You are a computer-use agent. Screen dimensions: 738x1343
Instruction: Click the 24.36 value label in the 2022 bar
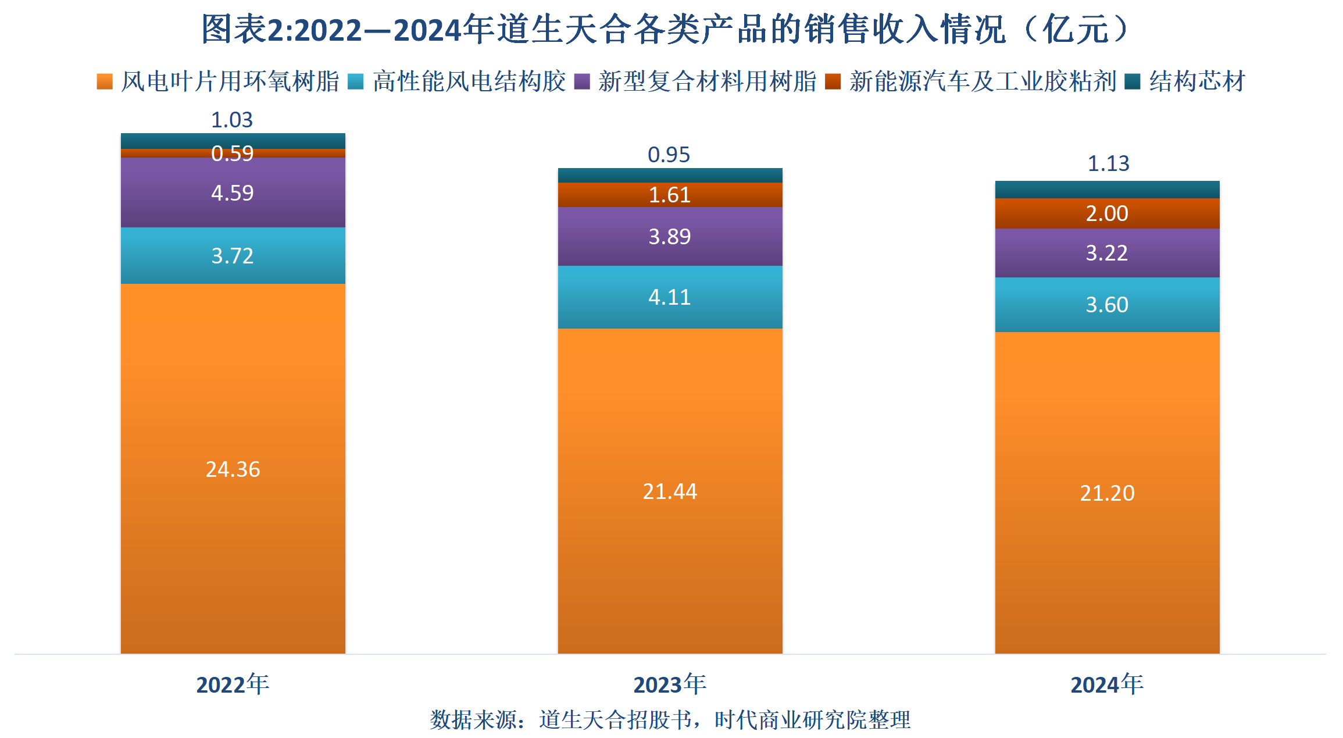click(x=233, y=469)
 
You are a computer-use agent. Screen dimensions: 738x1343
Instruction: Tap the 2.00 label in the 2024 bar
click(x=1106, y=213)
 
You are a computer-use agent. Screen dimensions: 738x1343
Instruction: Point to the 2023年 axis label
click(x=670, y=684)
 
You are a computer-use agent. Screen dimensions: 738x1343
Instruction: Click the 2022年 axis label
click(x=233, y=684)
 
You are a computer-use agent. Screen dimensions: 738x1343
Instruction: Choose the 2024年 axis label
click(x=1106, y=684)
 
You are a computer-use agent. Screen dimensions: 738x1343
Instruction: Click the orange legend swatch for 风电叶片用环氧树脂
click(x=105, y=81)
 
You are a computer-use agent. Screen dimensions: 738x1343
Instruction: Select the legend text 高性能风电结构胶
click(x=469, y=81)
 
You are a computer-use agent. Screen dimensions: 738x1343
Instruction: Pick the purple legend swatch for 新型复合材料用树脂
click(x=582, y=81)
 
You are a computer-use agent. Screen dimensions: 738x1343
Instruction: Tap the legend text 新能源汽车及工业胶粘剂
click(x=983, y=81)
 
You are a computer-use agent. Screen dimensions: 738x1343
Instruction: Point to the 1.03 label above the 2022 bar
click(x=232, y=120)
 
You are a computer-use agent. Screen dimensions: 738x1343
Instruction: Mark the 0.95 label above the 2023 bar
click(x=669, y=155)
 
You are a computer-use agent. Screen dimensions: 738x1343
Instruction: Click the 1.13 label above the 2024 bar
click(x=1108, y=163)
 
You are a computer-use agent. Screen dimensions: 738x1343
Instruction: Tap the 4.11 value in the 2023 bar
click(x=670, y=298)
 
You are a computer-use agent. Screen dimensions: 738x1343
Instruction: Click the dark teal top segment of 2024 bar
click(x=1106, y=190)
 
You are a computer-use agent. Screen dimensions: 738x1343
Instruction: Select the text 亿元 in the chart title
click(x=1075, y=29)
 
